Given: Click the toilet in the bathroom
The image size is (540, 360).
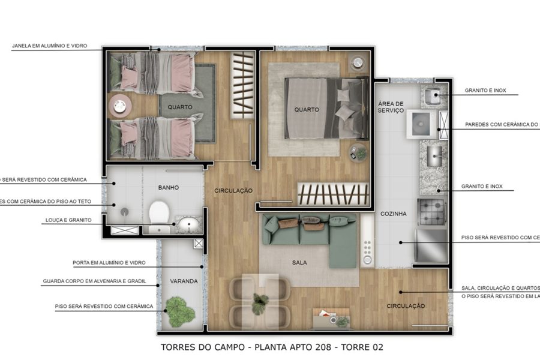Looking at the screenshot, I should pos(159,212).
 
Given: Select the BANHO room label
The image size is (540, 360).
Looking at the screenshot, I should pos(169,188).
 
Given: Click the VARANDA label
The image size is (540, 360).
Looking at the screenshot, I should pos(183,281).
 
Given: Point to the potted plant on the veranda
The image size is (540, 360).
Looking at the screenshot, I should pos(180,311).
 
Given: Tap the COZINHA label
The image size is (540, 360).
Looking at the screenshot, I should pos(394,214).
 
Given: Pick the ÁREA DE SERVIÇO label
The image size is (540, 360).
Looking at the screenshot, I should pos(391,107).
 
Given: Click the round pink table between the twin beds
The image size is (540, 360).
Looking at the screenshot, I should pos(119,106).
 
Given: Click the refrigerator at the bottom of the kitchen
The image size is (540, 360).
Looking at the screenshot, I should pos(431,245).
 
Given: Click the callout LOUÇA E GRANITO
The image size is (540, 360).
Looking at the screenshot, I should pos(68,220).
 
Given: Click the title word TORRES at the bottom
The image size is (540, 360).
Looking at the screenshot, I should pos(179,347).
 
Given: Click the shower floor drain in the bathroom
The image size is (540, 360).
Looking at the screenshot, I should pos(125,212).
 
